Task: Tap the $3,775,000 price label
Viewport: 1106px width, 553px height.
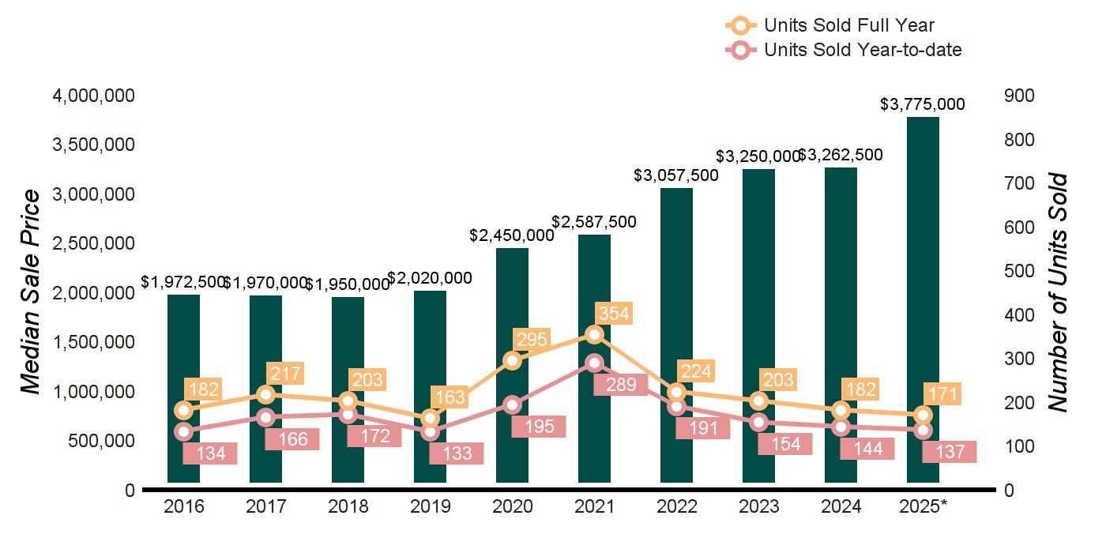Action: click(x=923, y=103)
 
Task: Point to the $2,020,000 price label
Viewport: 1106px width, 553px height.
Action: click(x=430, y=278)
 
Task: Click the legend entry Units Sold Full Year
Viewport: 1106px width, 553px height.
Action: click(x=849, y=26)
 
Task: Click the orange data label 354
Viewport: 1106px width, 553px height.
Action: click(x=614, y=314)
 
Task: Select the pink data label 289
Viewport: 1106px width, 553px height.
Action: click(x=620, y=386)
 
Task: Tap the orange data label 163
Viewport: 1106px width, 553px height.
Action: click(x=450, y=397)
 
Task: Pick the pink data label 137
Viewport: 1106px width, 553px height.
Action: click(x=950, y=452)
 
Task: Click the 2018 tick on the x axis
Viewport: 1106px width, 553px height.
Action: click(x=348, y=506)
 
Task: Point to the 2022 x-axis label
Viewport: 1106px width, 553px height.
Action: click(x=676, y=506)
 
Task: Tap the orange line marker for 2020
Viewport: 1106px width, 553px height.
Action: click(x=512, y=360)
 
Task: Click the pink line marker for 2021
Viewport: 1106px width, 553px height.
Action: click(x=594, y=363)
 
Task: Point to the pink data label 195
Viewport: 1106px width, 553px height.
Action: click(x=538, y=426)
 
